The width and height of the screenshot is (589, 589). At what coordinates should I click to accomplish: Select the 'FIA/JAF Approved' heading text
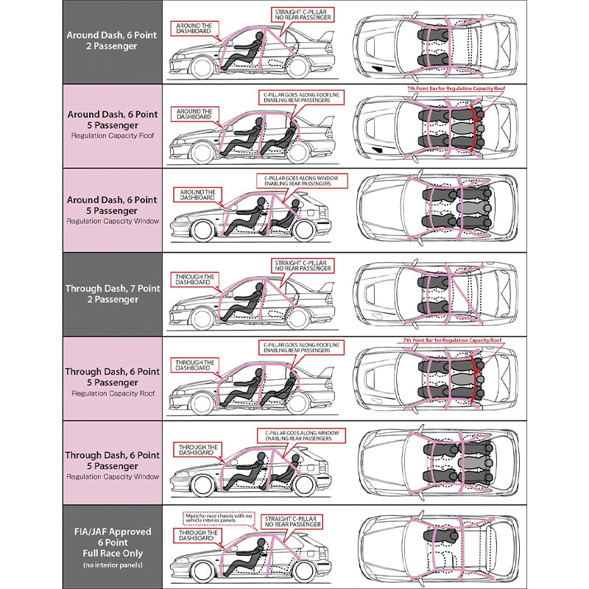click(x=112, y=531)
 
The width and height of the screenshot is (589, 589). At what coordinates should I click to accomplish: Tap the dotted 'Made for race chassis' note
click(x=217, y=519)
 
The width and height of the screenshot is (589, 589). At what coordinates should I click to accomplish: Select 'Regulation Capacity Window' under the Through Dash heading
click(x=112, y=476)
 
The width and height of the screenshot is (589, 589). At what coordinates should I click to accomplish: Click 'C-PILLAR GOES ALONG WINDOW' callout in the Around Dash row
click(x=293, y=180)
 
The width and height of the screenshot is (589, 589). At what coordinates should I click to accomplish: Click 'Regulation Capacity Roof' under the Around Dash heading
click(x=112, y=135)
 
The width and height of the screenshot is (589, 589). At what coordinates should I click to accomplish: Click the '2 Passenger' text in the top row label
click(x=112, y=46)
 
